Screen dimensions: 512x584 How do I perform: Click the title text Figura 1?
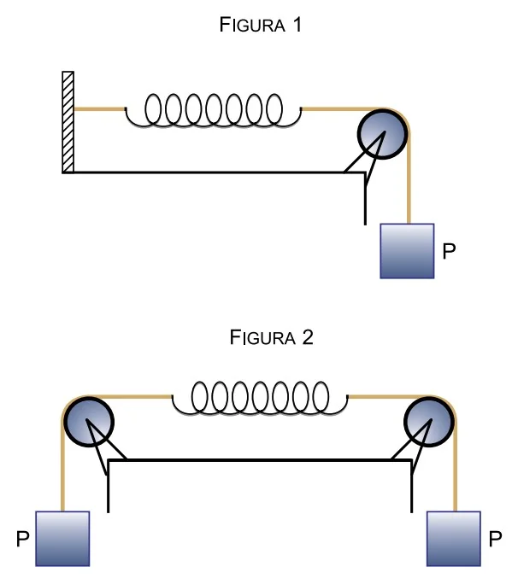(260, 25)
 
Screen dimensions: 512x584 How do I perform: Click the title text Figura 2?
(271, 337)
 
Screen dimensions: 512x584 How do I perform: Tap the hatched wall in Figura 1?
(68, 122)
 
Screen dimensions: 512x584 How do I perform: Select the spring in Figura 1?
(214, 110)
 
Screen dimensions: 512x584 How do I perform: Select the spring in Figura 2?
(260, 397)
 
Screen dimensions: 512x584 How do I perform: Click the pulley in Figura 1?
(382, 134)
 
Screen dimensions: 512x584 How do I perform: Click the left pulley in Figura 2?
(88, 421)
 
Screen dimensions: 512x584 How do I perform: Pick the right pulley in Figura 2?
(429, 421)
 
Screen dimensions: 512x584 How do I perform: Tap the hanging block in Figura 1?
(407, 251)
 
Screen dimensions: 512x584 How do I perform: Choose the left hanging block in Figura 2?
(62, 539)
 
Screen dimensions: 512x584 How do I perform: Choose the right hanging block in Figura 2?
(454, 539)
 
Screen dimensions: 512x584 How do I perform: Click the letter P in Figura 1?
(449, 251)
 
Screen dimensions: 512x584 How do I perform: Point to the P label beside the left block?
(23, 539)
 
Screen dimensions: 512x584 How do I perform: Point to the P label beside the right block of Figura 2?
(495, 539)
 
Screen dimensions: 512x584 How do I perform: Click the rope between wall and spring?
(99, 109)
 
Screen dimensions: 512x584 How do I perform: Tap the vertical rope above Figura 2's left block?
(62, 466)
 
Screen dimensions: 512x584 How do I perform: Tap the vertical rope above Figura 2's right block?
(456, 466)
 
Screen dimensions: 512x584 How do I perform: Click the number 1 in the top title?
(297, 25)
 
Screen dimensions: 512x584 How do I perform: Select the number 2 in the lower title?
(308, 337)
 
